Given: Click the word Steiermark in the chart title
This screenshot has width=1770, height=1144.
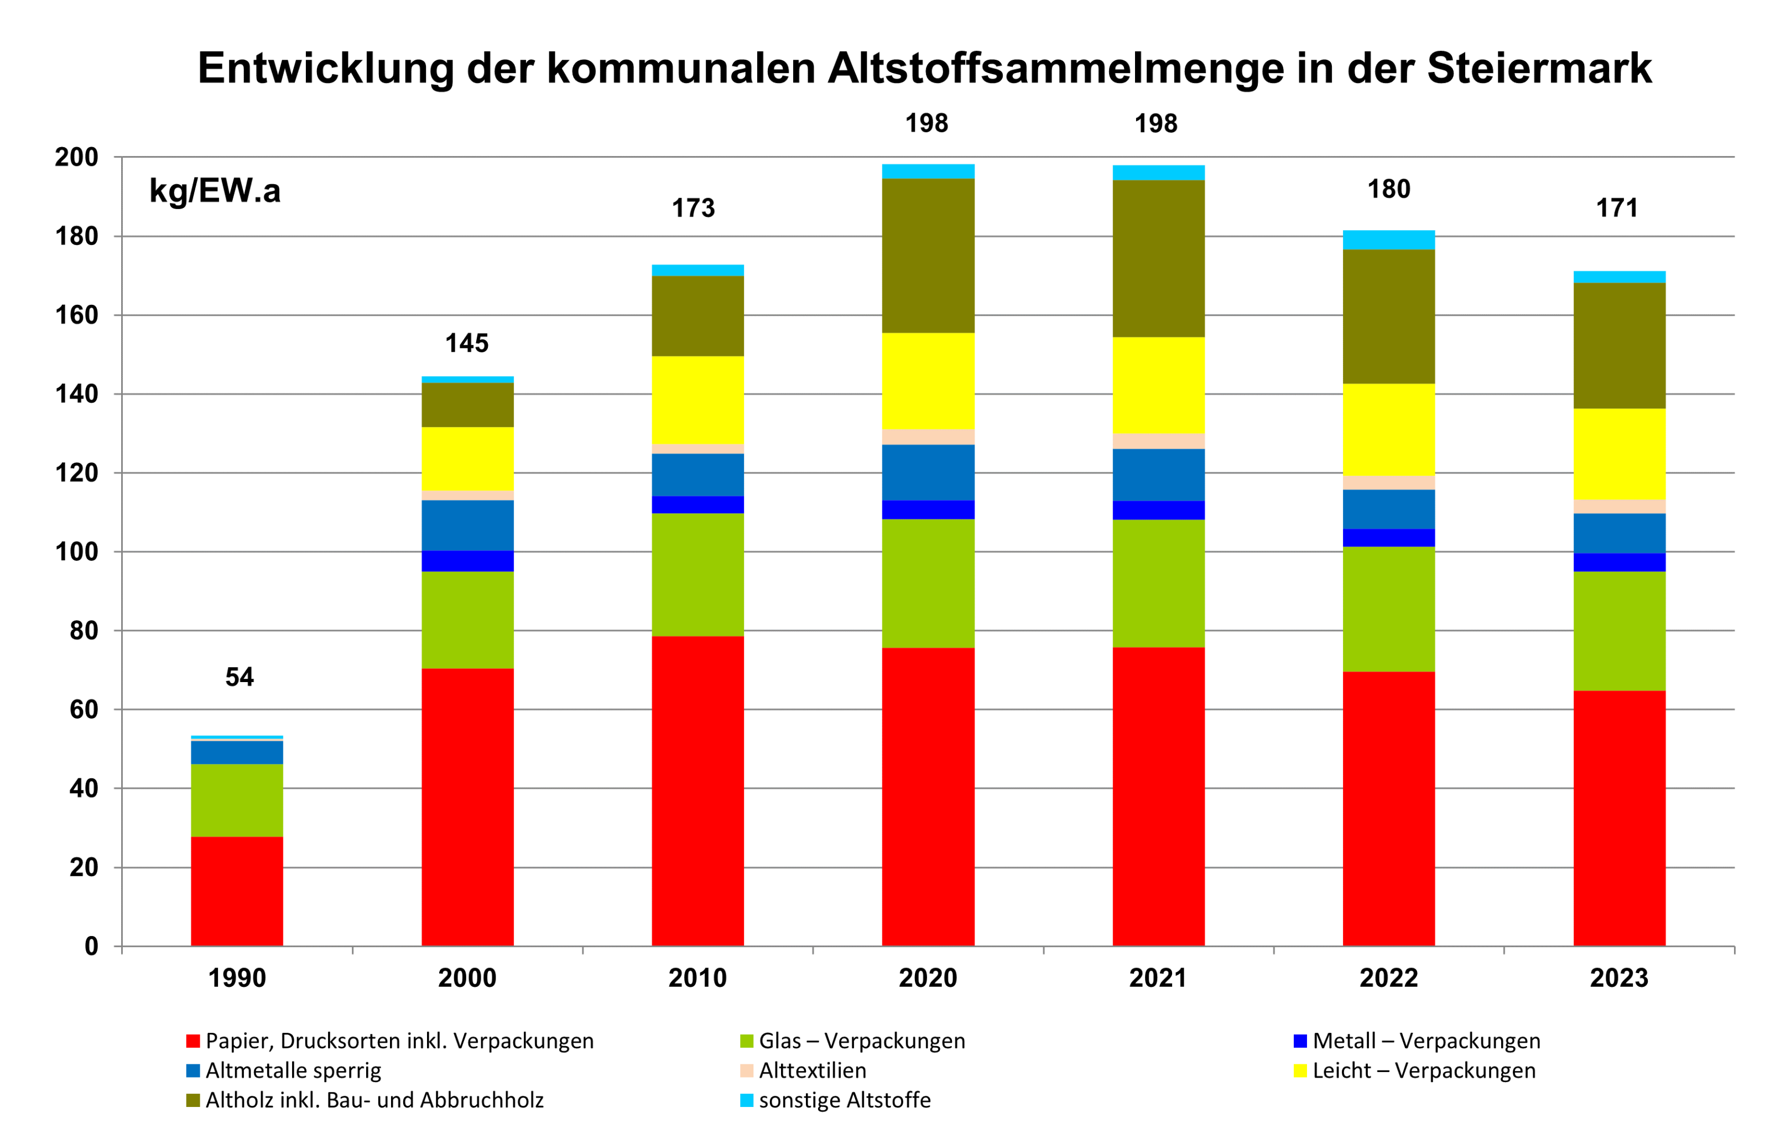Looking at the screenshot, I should point(1538,69).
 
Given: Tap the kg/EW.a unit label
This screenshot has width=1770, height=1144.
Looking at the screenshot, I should point(215,191).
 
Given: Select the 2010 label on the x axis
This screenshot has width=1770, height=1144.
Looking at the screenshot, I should point(697,977).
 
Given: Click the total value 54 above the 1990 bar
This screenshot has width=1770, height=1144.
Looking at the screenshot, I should point(239,677).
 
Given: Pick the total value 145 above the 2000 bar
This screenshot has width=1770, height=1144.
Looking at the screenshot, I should point(466,343).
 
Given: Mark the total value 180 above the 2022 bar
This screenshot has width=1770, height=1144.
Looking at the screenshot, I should point(1388,189).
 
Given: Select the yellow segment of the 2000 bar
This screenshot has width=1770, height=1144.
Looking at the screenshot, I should point(467,459).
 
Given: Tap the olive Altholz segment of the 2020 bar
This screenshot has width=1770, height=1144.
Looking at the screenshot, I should point(928,256).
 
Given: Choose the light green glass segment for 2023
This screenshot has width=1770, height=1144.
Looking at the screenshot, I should point(1618,631).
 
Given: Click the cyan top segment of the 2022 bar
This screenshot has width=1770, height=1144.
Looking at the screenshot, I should point(1388,240).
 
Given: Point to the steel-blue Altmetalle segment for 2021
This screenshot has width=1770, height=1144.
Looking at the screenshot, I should point(1158,475).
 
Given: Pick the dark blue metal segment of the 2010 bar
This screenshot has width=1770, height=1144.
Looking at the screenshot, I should point(697,505).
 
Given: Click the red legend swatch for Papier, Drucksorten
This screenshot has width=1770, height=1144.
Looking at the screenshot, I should point(193,1041).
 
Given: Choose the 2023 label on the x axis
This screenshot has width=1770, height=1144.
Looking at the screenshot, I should point(1618,977).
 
